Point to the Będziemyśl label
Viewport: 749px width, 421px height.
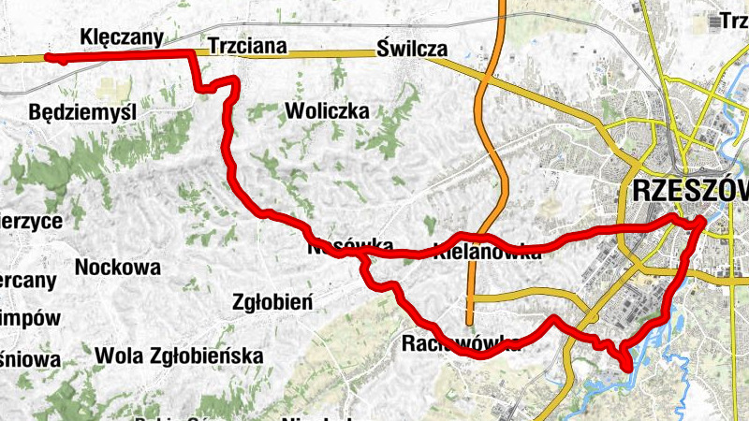click(82, 112)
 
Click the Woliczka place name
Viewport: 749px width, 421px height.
click(327, 111)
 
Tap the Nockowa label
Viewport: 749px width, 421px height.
click(117, 268)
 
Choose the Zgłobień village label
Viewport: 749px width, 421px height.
click(272, 301)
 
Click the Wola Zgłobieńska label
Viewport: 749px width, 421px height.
click(179, 356)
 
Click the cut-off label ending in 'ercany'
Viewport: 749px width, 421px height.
click(28, 280)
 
